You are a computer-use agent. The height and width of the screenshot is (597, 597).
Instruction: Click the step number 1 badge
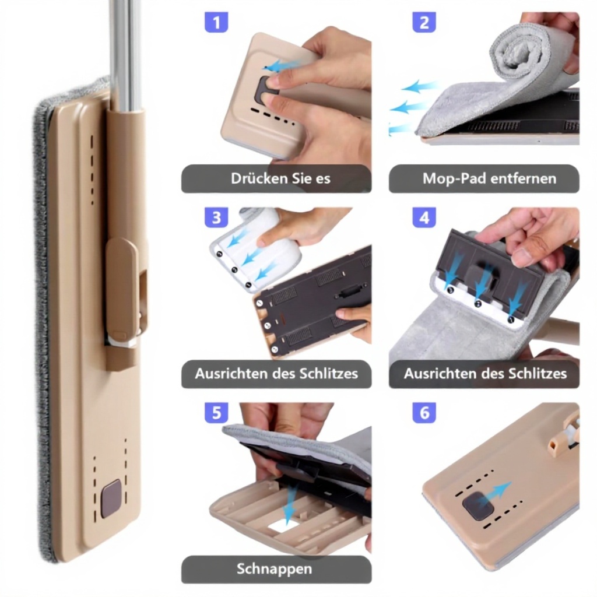click(x=216, y=22)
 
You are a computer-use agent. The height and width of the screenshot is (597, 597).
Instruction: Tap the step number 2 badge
click(x=424, y=22)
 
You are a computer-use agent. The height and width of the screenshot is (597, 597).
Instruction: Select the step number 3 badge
click(x=216, y=217)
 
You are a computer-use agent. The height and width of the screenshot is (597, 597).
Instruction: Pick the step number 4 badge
click(x=424, y=217)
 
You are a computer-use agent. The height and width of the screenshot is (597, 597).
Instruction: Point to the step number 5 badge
click(x=216, y=413)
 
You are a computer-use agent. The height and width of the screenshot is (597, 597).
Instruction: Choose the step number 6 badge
click(x=424, y=413)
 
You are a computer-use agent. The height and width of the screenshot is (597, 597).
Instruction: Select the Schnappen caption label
click(x=274, y=569)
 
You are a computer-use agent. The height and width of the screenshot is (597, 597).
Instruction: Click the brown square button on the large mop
click(x=111, y=499)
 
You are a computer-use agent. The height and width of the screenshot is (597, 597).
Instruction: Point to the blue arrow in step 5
click(x=291, y=503)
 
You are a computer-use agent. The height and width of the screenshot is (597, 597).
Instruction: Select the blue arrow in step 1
click(x=282, y=65)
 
